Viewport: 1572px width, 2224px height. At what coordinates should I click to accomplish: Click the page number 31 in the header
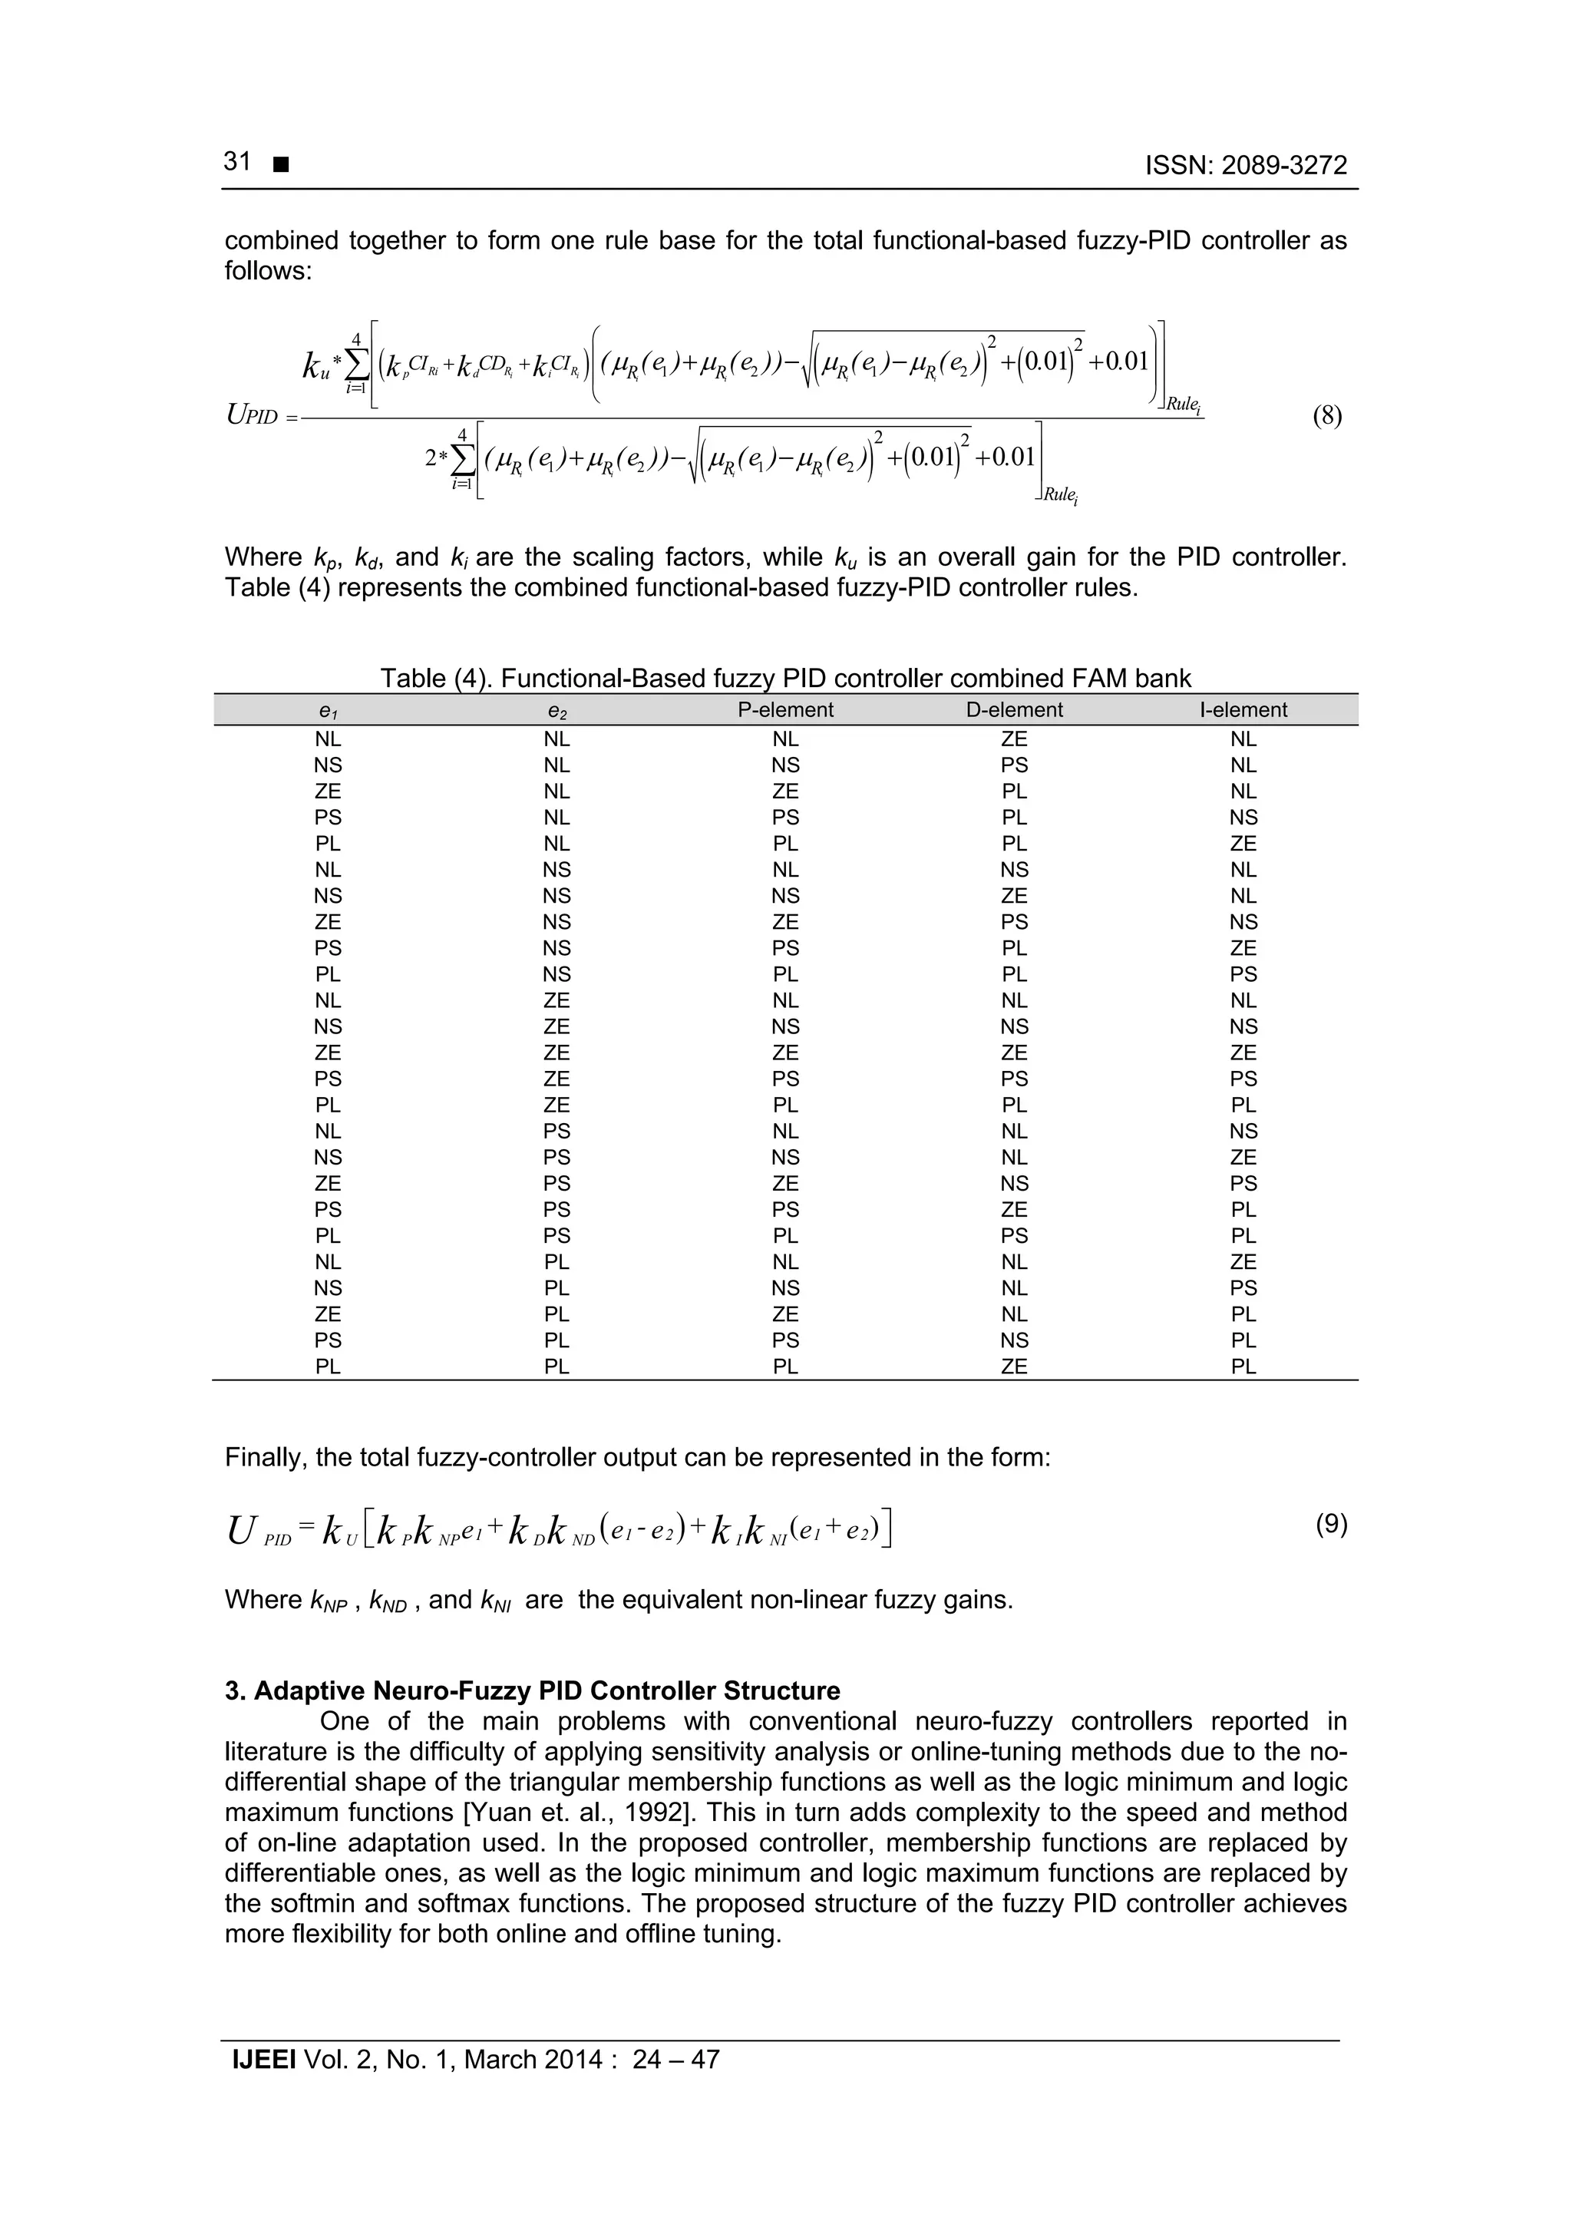pyautogui.click(x=237, y=162)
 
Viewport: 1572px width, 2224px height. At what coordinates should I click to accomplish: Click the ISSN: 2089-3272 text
pyautogui.click(x=1246, y=166)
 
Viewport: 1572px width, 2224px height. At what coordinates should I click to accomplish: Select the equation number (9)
pyautogui.click(x=1331, y=1525)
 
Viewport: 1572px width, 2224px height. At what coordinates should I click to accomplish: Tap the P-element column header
pyautogui.click(x=784, y=710)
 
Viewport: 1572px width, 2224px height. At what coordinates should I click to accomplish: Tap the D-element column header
pyautogui.click(x=1014, y=710)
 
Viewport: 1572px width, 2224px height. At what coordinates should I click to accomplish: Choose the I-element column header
pyautogui.click(x=1243, y=710)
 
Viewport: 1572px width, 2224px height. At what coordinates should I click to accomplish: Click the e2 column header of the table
pyautogui.click(x=557, y=712)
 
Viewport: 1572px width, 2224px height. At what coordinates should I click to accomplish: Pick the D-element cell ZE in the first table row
pyautogui.click(x=1014, y=739)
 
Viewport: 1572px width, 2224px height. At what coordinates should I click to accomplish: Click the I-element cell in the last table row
pyautogui.click(x=1243, y=1366)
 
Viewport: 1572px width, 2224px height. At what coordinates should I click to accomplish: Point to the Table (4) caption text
pyautogui.click(x=784, y=678)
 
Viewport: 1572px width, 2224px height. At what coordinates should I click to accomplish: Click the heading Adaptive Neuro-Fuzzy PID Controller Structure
pyautogui.click(x=532, y=1691)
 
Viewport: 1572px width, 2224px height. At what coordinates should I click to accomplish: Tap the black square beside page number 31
pyautogui.click(x=281, y=167)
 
